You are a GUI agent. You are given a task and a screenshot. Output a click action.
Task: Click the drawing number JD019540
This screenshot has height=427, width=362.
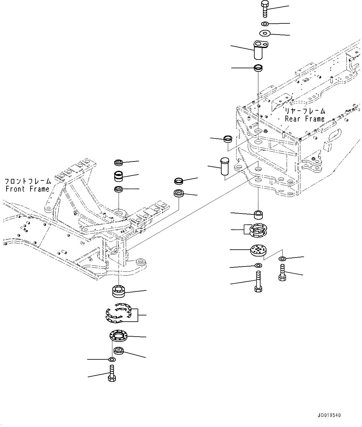(x=330, y=415)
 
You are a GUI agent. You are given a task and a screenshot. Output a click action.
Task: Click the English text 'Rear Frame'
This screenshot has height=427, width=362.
(x=304, y=119)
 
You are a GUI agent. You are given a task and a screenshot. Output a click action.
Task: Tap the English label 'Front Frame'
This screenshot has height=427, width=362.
(x=27, y=189)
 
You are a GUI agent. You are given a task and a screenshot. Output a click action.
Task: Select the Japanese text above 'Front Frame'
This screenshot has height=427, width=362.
(x=28, y=181)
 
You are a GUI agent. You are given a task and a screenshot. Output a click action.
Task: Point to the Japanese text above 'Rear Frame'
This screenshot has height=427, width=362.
(x=305, y=111)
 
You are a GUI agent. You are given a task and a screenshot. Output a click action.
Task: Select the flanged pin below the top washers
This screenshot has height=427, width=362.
(x=259, y=50)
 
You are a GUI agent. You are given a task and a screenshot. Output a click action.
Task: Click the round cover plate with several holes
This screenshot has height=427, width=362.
(x=258, y=250)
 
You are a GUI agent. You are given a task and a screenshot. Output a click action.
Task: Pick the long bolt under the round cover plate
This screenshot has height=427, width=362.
(x=258, y=281)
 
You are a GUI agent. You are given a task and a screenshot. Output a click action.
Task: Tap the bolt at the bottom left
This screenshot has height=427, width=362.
(x=112, y=374)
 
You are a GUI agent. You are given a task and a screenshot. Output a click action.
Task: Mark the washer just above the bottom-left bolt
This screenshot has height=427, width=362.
(x=112, y=360)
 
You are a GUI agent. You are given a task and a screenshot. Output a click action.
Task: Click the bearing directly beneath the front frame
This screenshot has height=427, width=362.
(x=119, y=291)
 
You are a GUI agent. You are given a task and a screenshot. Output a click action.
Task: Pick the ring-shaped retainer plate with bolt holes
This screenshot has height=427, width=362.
(x=119, y=336)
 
